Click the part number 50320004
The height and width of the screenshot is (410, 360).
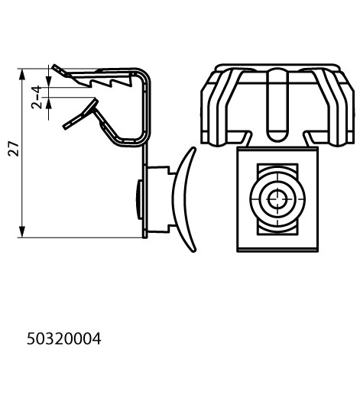(x=64, y=339)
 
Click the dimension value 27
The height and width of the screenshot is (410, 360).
(x=14, y=149)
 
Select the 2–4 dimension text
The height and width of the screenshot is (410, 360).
(x=37, y=97)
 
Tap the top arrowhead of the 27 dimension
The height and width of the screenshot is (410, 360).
(x=22, y=74)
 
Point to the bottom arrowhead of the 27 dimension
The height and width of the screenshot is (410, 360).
(x=22, y=232)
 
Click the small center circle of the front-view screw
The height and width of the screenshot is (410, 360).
(x=277, y=199)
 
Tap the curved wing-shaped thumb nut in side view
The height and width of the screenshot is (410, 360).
(x=184, y=199)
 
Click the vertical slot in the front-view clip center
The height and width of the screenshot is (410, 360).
(x=277, y=105)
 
